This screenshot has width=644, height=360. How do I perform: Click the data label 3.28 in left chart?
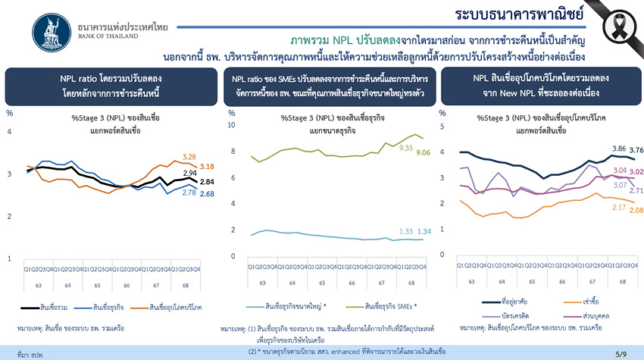click(189, 157)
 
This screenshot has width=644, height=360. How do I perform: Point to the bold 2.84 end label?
click(207, 182)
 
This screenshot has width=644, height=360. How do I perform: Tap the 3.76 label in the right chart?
click(636, 150)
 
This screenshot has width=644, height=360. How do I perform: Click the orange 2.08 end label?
click(636, 210)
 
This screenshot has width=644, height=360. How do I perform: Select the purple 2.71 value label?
click(636, 191)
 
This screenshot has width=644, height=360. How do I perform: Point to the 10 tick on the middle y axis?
click(232, 125)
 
